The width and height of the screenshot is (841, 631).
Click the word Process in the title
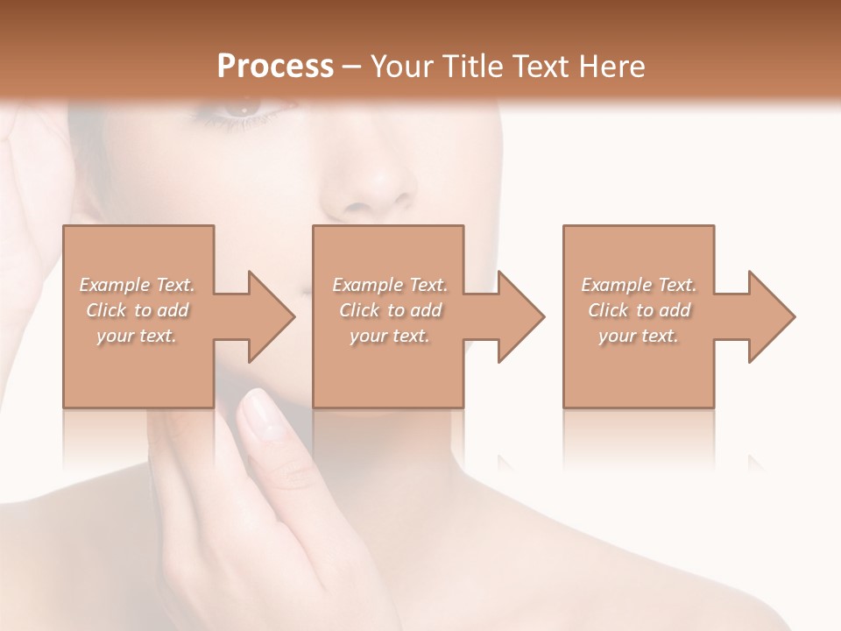[x=275, y=66]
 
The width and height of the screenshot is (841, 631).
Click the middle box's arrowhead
[x=519, y=316]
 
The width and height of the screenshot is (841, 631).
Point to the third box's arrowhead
[x=770, y=316]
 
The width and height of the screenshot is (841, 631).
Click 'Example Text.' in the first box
[x=137, y=285]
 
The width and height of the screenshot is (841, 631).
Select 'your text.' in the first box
[x=137, y=336]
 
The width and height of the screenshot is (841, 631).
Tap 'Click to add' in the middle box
[x=390, y=310]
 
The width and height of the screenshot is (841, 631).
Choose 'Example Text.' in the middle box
[x=390, y=285]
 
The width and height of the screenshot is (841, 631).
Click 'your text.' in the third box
[x=639, y=336]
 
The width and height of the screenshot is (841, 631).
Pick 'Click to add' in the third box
[x=639, y=310]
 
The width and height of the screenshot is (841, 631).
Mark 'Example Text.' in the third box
[x=639, y=285]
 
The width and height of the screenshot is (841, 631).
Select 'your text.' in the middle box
[x=390, y=336]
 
